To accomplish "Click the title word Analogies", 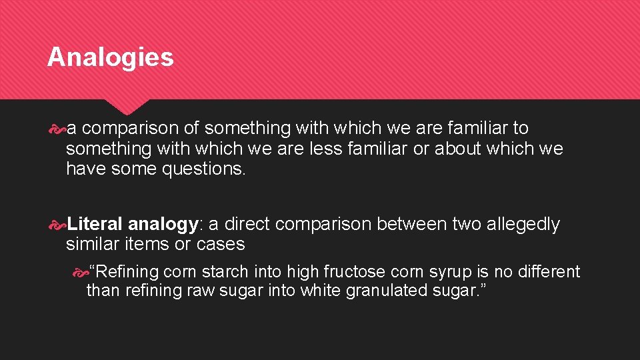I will [110, 57].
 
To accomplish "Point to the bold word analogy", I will [162, 225].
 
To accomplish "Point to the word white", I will [321, 291].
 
